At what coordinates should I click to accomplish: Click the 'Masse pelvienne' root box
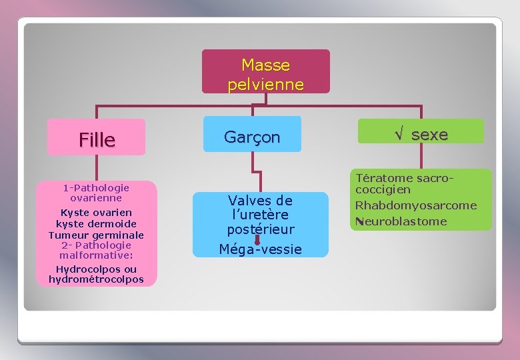(265, 71)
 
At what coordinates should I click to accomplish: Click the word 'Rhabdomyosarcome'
(415, 205)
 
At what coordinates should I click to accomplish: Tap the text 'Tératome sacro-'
(405, 178)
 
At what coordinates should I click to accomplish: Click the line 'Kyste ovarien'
(96, 213)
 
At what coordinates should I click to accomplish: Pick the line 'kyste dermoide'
(96, 224)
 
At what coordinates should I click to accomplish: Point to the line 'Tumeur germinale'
(96, 235)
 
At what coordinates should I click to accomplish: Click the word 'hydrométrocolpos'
(96, 279)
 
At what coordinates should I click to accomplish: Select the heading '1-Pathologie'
(96, 187)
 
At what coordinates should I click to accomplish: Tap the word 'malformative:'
(96, 255)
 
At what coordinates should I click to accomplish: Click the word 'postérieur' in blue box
(260, 229)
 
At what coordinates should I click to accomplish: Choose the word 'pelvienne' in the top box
(265, 85)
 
